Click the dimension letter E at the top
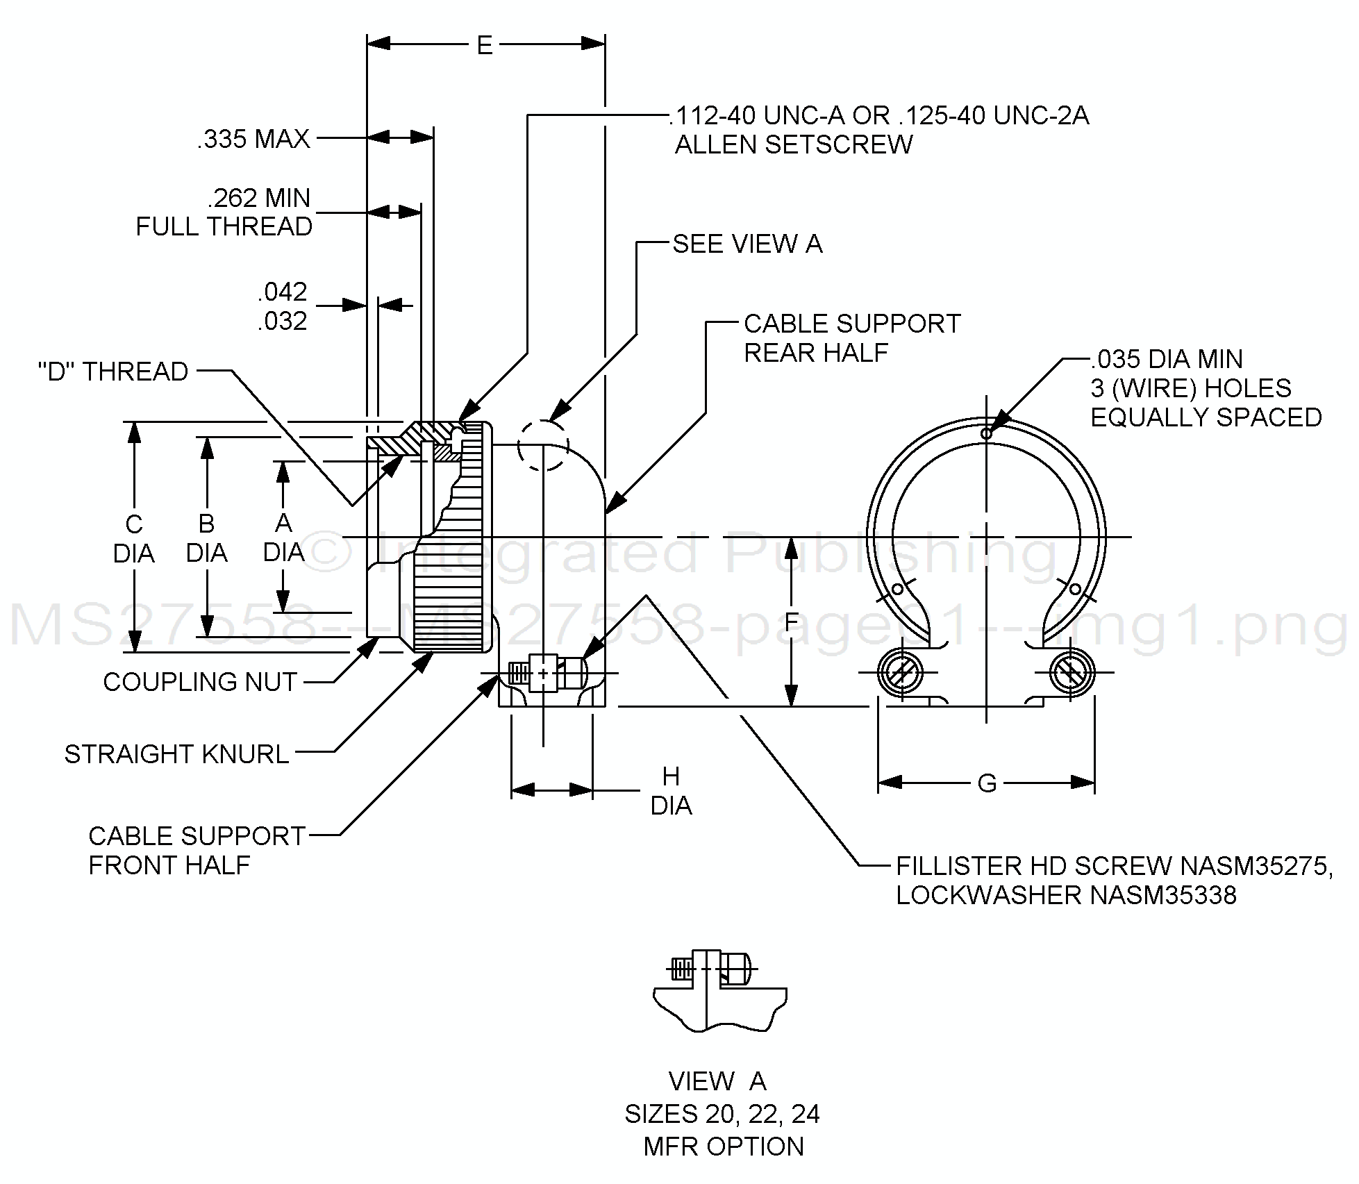(484, 46)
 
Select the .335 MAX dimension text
(253, 139)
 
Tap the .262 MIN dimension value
(258, 199)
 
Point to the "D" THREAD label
(113, 372)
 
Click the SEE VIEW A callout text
(747, 244)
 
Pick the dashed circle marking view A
(543, 445)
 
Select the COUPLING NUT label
(200, 682)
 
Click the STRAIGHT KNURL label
(176, 754)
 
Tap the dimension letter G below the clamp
(986, 783)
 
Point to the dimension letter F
(791, 622)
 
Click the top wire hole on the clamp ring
(986, 433)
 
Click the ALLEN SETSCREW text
(794, 144)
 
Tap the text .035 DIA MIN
(1167, 359)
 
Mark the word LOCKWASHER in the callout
(989, 895)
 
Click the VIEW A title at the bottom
(717, 1081)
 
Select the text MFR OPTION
(723, 1147)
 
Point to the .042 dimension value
(282, 292)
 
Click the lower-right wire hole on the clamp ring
(1074, 590)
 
